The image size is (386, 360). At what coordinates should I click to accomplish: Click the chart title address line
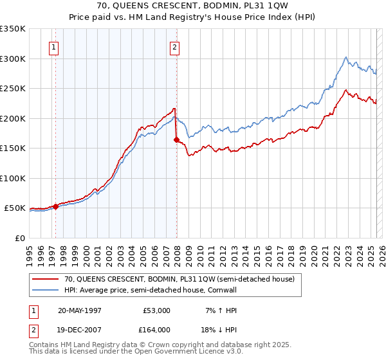coord(193,6)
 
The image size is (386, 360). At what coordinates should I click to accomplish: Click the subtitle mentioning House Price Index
coord(193,17)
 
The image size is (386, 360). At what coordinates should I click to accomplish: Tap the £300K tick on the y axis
coord(13,59)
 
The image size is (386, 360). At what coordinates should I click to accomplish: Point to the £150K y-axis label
coord(13,148)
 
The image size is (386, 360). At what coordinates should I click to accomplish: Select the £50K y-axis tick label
coord(15,208)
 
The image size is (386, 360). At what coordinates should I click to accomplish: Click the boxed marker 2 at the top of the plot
coord(174,46)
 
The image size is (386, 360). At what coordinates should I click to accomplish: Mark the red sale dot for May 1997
coord(56,206)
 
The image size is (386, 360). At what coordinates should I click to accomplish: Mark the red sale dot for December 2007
coord(176,139)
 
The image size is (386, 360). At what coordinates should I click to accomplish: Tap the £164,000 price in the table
coord(156,329)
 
